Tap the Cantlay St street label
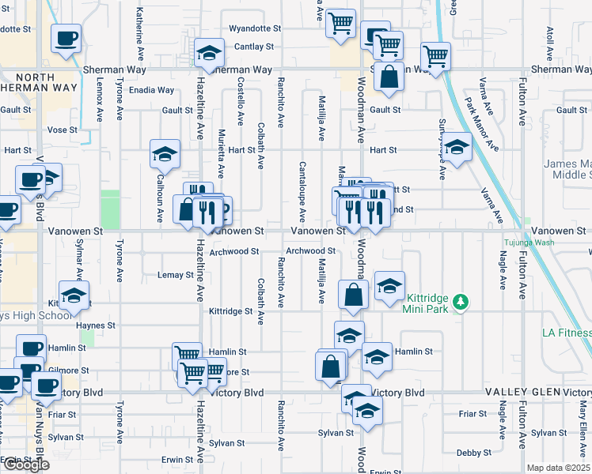coord(254,47)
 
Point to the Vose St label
coord(63,130)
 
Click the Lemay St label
coord(176,275)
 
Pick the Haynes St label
coord(96,325)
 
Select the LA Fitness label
coord(566,333)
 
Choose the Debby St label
coord(474,453)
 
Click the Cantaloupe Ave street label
coord(302,191)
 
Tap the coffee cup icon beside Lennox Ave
coord(66,38)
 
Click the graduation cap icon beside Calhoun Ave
coord(165,152)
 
